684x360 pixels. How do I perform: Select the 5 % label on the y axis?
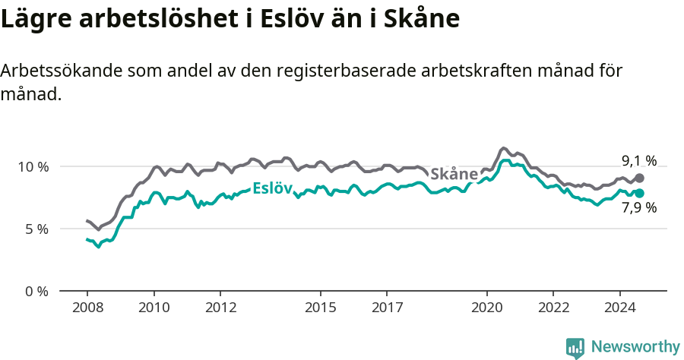(x=36, y=229)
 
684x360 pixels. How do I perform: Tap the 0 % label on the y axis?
(x=36, y=291)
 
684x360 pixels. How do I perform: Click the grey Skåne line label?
(x=454, y=174)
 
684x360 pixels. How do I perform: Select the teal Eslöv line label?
(x=272, y=188)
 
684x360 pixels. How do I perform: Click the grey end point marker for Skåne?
(x=640, y=178)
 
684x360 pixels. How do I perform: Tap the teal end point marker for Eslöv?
(x=640, y=193)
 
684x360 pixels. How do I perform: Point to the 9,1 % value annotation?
(x=638, y=160)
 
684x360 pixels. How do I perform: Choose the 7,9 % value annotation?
(x=638, y=208)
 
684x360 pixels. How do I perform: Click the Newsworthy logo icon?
(x=575, y=347)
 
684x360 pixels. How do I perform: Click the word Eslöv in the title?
(x=292, y=19)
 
